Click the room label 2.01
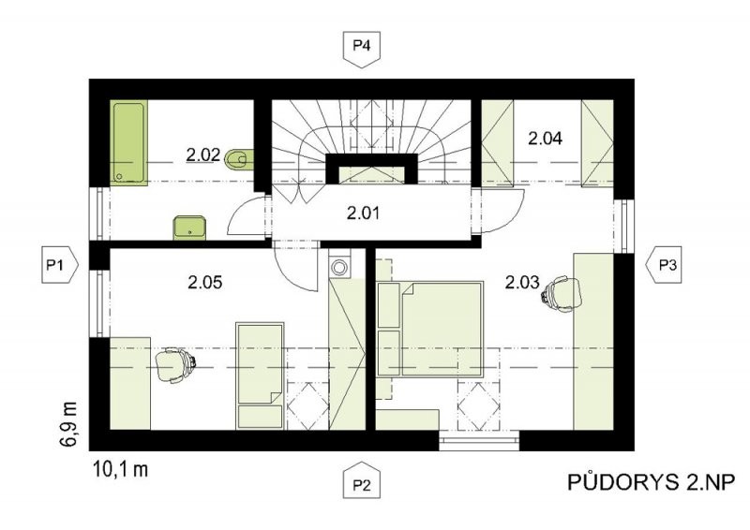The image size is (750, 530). (x=363, y=213)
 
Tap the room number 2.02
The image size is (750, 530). (x=202, y=155)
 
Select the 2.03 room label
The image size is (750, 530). (x=522, y=282)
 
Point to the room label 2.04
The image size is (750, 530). (x=545, y=139)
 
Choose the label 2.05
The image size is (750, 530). (x=205, y=282)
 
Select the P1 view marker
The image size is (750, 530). (x=60, y=265)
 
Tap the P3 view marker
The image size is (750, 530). (x=665, y=265)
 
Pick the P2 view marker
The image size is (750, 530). (x=362, y=480)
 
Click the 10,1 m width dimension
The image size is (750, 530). (x=121, y=469)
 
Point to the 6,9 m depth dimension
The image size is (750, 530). (x=68, y=424)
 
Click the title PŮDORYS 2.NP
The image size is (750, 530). (x=651, y=482)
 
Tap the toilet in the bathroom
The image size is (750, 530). (x=239, y=160)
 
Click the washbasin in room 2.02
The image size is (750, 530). (x=189, y=228)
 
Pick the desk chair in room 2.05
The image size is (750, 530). (x=175, y=364)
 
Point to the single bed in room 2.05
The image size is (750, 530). (x=261, y=376)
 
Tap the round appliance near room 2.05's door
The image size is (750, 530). (x=339, y=267)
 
